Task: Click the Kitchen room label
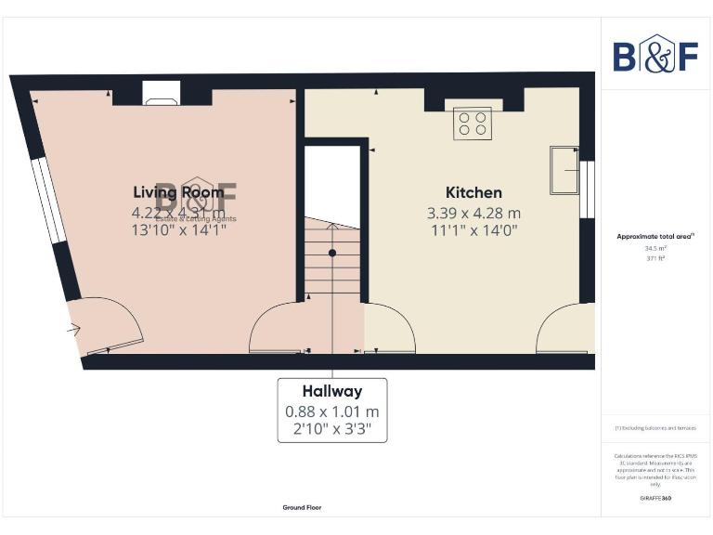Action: click(x=473, y=193)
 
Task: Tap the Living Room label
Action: click(x=178, y=192)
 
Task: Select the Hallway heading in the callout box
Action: click(x=331, y=391)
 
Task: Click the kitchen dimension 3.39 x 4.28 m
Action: click(x=473, y=213)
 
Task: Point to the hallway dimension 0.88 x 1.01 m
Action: click(x=331, y=411)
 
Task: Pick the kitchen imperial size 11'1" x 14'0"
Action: click(x=473, y=229)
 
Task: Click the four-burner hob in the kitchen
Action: click(x=473, y=124)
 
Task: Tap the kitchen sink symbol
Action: click(x=564, y=169)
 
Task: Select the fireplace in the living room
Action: click(x=162, y=93)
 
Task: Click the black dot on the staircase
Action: click(x=332, y=253)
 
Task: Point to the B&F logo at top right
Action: click(x=655, y=55)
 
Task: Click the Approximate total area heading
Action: click(x=656, y=237)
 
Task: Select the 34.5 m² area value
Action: click(x=656, y=249)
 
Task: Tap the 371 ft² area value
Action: click(x=656, y=259)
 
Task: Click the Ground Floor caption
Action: click(x=303, y=507)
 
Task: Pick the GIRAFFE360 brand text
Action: click(x=655, y=499)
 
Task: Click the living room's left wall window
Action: click(x=47, y=201)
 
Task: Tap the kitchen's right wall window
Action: click(x=586, y=189)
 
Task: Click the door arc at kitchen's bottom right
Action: click(x=561, y=331)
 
